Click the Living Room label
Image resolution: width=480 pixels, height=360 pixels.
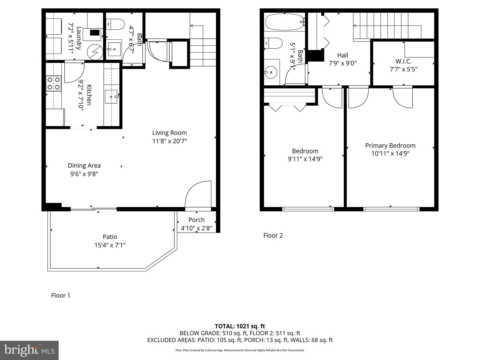(169, 133)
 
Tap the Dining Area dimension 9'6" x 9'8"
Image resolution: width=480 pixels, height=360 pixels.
(84, 174)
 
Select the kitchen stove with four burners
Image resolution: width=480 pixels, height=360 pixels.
(54, 83)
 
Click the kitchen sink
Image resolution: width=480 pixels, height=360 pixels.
(111, 97)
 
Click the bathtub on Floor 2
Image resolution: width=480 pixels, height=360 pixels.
(284, 23)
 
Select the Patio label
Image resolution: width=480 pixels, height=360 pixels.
(110, 237)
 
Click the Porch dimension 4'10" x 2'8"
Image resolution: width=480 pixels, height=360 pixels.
(196, 228)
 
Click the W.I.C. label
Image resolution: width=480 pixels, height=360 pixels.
(403, 61)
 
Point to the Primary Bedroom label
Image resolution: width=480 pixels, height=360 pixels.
(390, 146)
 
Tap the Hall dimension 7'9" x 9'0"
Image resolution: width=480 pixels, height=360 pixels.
(342, 63)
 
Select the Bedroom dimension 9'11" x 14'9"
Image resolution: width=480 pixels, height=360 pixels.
(305, 159)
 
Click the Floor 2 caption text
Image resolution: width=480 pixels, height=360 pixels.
(273, 235)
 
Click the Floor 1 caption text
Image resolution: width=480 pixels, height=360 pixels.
(61, 295)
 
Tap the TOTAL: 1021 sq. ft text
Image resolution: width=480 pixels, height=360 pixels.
(240, 326)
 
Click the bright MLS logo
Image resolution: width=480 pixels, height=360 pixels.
(29, 350)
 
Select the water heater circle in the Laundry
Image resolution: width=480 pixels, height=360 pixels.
(95, 52)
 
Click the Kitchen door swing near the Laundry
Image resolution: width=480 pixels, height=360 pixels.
(74, 73)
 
